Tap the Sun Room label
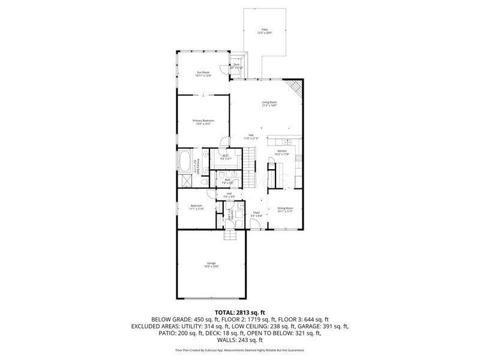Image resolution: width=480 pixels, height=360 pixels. point(203,73)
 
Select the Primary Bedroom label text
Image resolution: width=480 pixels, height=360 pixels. point(203,121)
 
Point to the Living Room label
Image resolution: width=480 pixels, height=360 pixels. point(269,103)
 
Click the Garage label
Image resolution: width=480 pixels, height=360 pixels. point(211,263)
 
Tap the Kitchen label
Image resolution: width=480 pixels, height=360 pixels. point(282,151)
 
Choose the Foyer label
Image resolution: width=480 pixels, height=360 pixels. point(256,212)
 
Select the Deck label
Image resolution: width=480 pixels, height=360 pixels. point(236,65)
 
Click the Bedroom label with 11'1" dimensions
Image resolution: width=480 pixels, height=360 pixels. point(196,208)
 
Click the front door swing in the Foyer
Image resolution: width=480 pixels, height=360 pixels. point(255,225)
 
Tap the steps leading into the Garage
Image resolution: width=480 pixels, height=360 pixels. point(232,235)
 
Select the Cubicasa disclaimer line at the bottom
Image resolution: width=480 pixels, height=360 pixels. point(239,349)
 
